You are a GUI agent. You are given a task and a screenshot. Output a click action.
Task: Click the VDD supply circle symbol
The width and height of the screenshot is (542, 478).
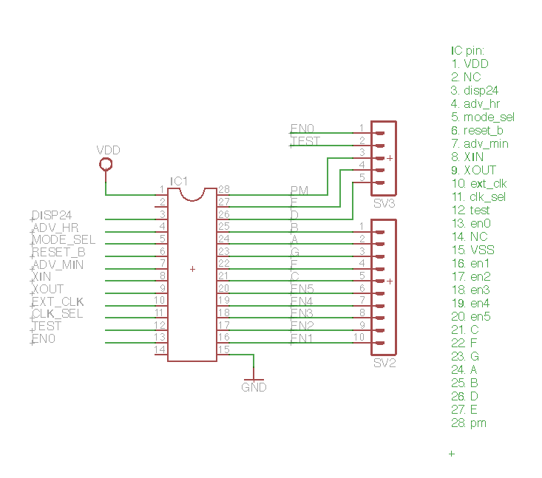pyautogui.click(x=106, y=164)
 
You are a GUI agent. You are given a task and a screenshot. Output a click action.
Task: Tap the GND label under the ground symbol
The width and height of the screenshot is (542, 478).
pyautogui.click(x=254, y=387)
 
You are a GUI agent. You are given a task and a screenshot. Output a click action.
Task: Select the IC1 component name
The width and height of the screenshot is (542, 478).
pyautogui.click(x=180, y=181)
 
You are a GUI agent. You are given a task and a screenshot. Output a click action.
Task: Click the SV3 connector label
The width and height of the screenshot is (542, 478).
pyautogui.click(x=384, y=203)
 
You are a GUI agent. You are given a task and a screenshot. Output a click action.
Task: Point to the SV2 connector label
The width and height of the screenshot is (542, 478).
pyautogui.click(x=384, y=363)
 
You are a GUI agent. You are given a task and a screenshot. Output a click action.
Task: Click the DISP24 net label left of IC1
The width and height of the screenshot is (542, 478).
pyautogui.click(x=52, y=215)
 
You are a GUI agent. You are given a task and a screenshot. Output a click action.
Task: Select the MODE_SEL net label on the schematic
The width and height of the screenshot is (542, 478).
pyautogui.click(x=63, y=239)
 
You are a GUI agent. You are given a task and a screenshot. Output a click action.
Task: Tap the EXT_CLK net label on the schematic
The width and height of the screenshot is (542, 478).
pyautogui.click(x=57, y=301)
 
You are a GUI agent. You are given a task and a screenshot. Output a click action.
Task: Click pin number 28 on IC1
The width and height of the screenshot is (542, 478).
pyautogui.click(x=223, y=189)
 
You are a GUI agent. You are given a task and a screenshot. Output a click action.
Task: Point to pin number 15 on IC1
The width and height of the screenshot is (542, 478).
pyautogui.click(x=223, y=349)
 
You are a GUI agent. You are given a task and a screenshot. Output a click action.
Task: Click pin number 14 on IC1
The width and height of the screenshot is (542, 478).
pyautogui.click(x=160, y=349)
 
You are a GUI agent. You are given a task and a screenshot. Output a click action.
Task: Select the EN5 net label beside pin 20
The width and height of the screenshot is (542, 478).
pyautogui.click(x=302, y=289)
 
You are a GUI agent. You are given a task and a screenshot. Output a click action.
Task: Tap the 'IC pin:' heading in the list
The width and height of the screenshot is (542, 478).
pyautogui.click(x=467, y=51)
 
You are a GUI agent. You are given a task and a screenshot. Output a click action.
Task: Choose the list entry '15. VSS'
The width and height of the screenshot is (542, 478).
pyautogui.click(x=472, y=250)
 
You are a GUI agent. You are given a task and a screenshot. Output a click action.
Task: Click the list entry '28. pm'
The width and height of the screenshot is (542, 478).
pyautogui.click(x=469, y=423)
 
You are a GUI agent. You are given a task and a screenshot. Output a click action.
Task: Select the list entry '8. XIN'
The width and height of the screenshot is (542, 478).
pyautogui.click(x=467, y=157)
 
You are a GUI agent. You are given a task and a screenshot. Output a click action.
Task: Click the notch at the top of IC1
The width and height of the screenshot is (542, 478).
pyautogui.click(x=192, y=194)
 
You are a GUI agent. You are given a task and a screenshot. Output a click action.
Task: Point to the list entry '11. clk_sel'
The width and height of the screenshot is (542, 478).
pyautogui.click(x=478, y=197)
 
